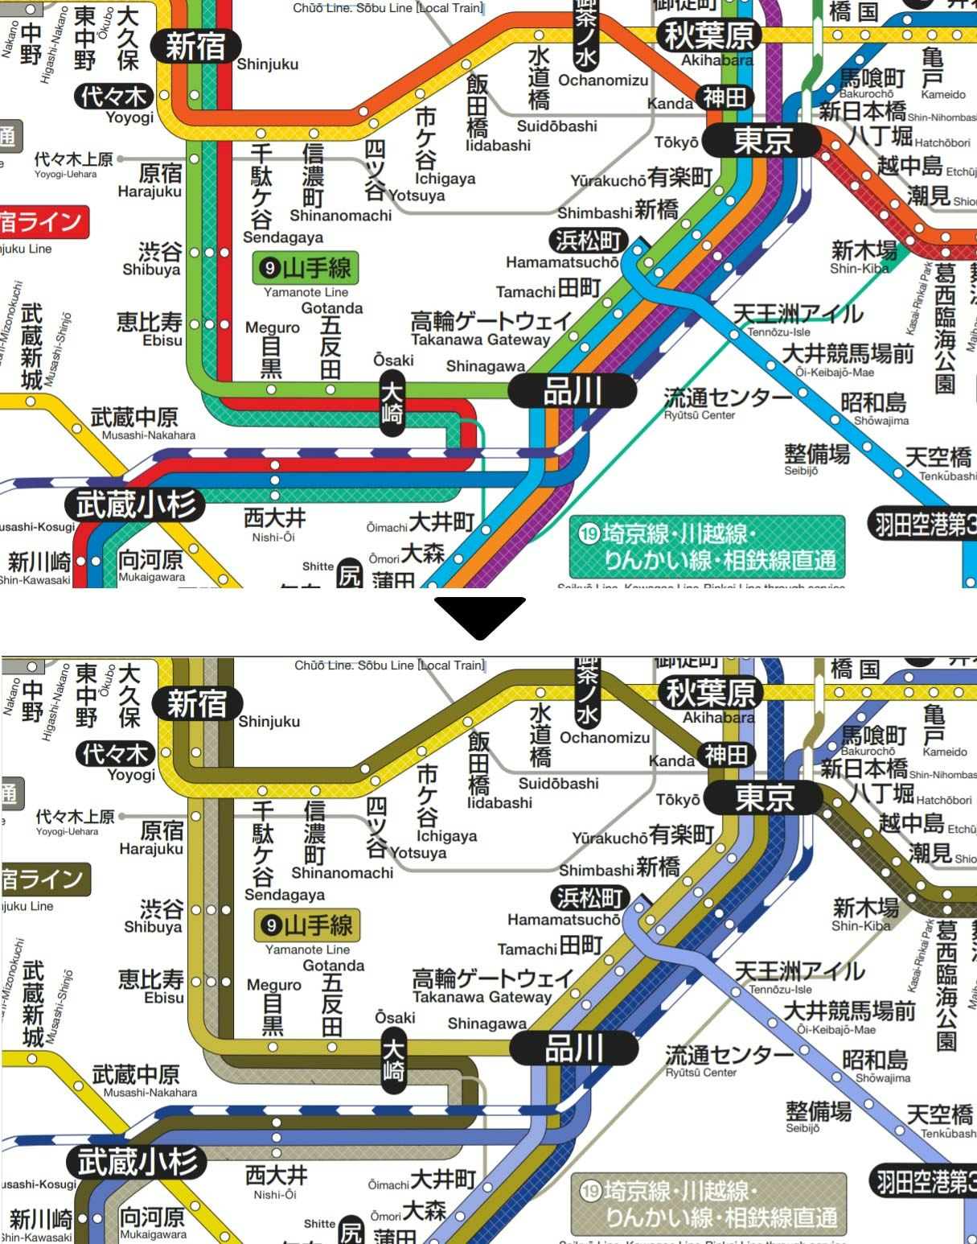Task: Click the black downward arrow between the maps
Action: click(x=480, y=616)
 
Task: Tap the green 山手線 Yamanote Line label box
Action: click(x=306, y=269)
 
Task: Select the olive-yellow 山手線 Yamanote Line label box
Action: click(x=307, y=926)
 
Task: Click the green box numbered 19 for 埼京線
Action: click(x=708, y=547)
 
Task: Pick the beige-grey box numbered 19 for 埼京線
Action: click(x=709, y=1205)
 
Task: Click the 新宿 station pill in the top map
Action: click(x=195, y=47)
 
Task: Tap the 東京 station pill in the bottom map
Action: click(x=764, y=797)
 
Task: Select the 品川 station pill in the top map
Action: click(x=573, y=392)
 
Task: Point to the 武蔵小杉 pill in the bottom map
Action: click(x=137, y=1162)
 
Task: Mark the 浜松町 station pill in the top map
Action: click(x=589, y=241)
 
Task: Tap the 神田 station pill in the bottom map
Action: click(x=726, y=755)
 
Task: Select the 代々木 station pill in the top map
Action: click(x=113, y=97)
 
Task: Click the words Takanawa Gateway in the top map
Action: click(x=480, y=340)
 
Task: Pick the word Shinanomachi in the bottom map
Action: click(x=342, y=873)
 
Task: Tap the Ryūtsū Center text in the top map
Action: click(x=700, y=415)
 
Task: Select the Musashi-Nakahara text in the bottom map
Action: click(x=150, y=1093)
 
